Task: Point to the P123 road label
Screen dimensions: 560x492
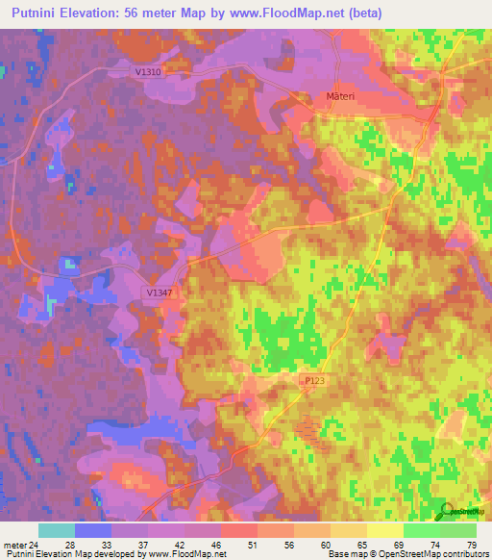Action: pyautogui.click(x=314, y=382)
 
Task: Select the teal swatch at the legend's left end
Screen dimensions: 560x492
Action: pyautogui.click(x=56, y=530)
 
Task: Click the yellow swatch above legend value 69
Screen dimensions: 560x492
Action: pyautogui.click(x=384, y=530)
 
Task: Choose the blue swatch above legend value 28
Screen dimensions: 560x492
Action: pyautogui.click(x=93, y=530)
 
